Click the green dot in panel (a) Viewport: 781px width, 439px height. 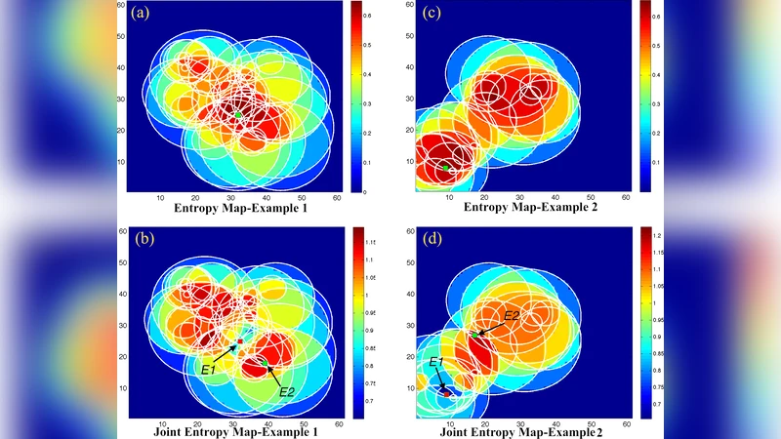(x=238, y=115)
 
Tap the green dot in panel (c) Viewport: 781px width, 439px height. (x=446, y=168)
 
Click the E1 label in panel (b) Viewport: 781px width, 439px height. (x=208, y=370)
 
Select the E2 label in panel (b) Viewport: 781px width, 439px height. (x=287, y=391)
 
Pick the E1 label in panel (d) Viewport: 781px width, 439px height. (x=436, y=362)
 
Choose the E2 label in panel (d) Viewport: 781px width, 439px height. (x=512, y=315)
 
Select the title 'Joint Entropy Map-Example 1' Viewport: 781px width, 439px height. (x=237, y=432)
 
